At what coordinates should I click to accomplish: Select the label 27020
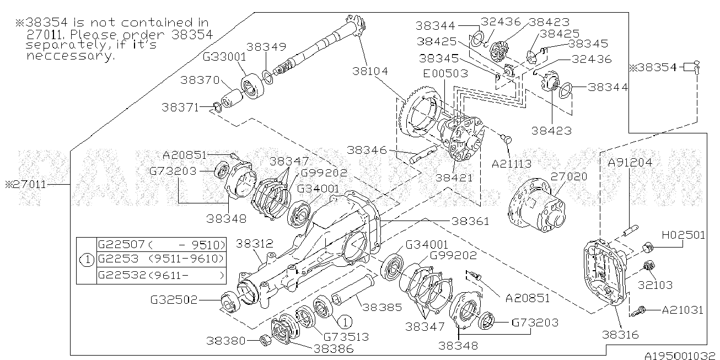[569, 176]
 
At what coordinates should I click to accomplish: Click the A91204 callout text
[630, 162]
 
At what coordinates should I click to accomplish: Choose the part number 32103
[670, 285]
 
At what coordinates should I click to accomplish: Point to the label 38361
[470, 221]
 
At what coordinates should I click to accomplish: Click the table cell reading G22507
[121, 244]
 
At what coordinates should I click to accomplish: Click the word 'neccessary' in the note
[70, 56]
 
